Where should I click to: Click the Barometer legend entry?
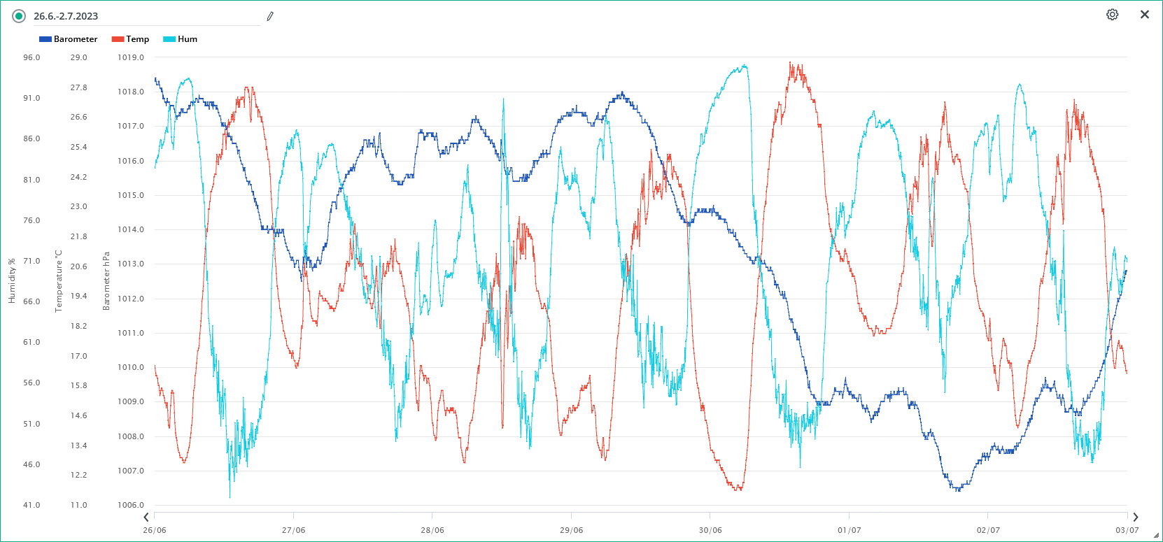point(69,39)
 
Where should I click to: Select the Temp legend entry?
point(131,39)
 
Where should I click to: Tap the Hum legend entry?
point(181,39)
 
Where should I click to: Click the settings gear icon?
point(1112,15)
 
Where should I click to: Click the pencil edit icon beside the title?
point(270,16)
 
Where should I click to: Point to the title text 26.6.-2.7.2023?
point(66,16)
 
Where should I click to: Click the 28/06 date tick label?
point(432,530)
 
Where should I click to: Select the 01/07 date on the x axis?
point(850,530)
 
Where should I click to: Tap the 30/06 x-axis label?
point(710,530)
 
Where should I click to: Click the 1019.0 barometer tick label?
point(131,57)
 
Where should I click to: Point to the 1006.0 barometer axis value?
point(131,505)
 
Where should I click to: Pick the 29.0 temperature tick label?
point(79,57)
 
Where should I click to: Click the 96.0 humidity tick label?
point(32,57)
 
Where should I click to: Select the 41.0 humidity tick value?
point(32,505)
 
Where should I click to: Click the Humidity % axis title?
point(12,281)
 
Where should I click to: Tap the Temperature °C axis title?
point(59,281)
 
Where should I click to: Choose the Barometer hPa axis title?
point(106,281)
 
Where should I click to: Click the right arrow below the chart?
point(1136,518)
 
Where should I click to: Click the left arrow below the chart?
point(146,518)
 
